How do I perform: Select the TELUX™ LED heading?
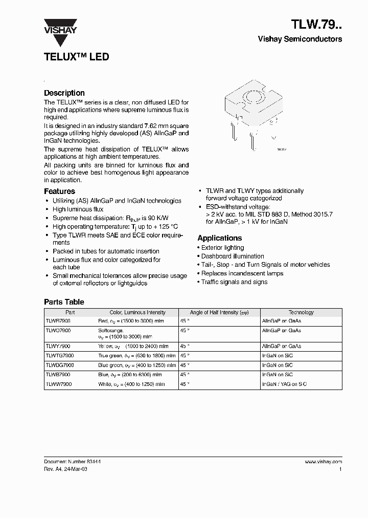76,57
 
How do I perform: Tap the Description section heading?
64,93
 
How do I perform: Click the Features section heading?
59,191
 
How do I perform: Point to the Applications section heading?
219,238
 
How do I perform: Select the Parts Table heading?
64,302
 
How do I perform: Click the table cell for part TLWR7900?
59,320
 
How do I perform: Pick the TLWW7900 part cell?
59,383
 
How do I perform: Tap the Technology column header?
301,312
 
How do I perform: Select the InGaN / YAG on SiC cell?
285,383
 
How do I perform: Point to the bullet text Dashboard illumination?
233,256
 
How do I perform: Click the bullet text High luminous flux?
78,209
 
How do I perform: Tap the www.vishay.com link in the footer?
323,461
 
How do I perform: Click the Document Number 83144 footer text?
72,461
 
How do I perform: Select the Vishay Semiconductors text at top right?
300,39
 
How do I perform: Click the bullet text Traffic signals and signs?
234,282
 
